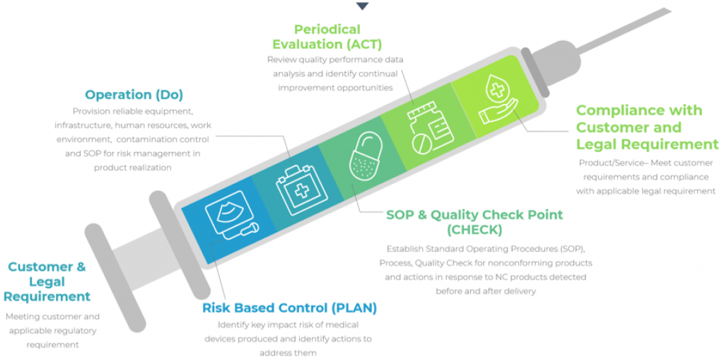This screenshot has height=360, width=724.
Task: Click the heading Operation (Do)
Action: [134, 95]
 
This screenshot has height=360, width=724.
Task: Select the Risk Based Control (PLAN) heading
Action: [289, 308]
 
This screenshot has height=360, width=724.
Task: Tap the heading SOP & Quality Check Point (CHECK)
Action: [474, 222]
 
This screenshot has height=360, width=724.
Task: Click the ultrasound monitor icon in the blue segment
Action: [231, 216]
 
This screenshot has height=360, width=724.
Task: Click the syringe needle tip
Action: [670, 10]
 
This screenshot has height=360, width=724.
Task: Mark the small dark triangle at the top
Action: [363, 6]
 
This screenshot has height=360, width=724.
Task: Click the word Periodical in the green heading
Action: [327, 30]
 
